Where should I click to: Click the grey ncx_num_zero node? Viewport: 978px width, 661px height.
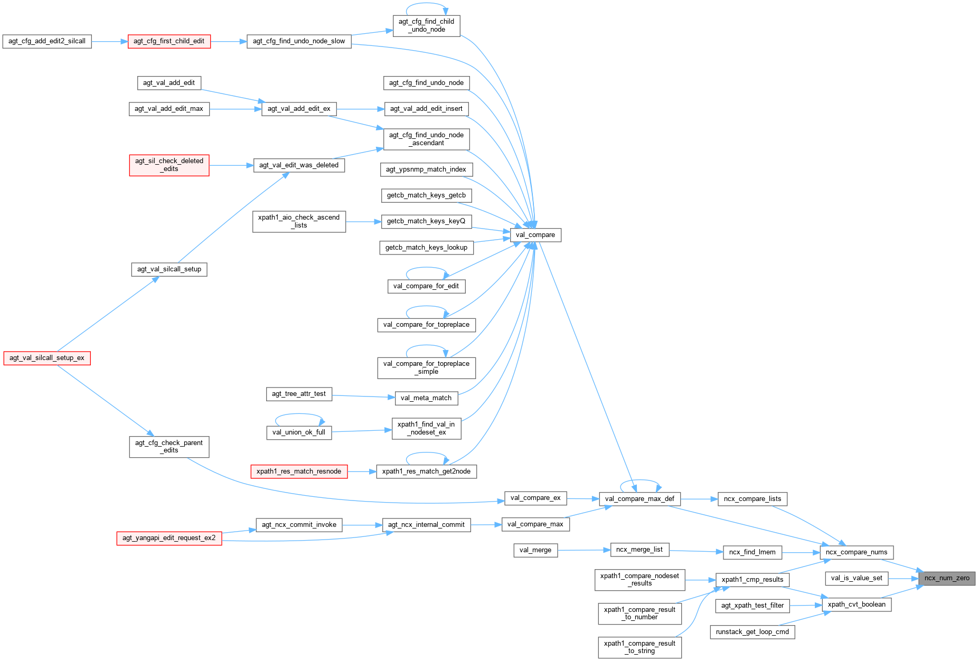(x=947, y=578)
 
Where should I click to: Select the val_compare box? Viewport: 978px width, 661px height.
(x=535, y=235)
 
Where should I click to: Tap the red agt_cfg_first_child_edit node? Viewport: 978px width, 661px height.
(x=169, y=41)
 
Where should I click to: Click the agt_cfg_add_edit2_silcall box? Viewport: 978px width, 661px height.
(x=47, y=41)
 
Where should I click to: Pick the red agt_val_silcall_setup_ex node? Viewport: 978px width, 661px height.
(x=47, y=358)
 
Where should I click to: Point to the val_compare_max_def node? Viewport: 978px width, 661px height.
(x=640, y=499)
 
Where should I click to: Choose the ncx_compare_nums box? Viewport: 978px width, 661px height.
(x=856, y=552)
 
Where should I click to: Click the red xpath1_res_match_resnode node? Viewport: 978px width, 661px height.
(x=299, y=471)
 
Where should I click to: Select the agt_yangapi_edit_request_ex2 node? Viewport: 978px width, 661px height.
(x=169, y=538)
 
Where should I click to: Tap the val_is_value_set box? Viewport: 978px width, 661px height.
(x=857, y=578)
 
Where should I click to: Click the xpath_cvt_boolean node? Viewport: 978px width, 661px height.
(x=857, y=605)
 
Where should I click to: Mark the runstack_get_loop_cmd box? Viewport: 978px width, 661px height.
(x=752, y=632)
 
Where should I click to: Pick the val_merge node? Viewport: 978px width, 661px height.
(x=535, y=550)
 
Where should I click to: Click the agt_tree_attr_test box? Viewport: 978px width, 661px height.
(x=299, y=394)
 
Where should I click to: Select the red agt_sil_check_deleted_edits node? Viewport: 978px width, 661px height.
(x=169, y=165)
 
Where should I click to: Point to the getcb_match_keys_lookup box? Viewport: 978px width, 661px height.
(x=426, y=248)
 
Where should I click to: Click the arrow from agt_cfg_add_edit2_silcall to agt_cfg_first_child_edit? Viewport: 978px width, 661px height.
(x=110, y=41)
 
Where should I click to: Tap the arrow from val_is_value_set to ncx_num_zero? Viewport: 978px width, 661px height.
(x=904, y=579)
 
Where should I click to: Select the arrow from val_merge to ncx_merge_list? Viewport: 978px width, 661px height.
(x=584, y=550)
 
